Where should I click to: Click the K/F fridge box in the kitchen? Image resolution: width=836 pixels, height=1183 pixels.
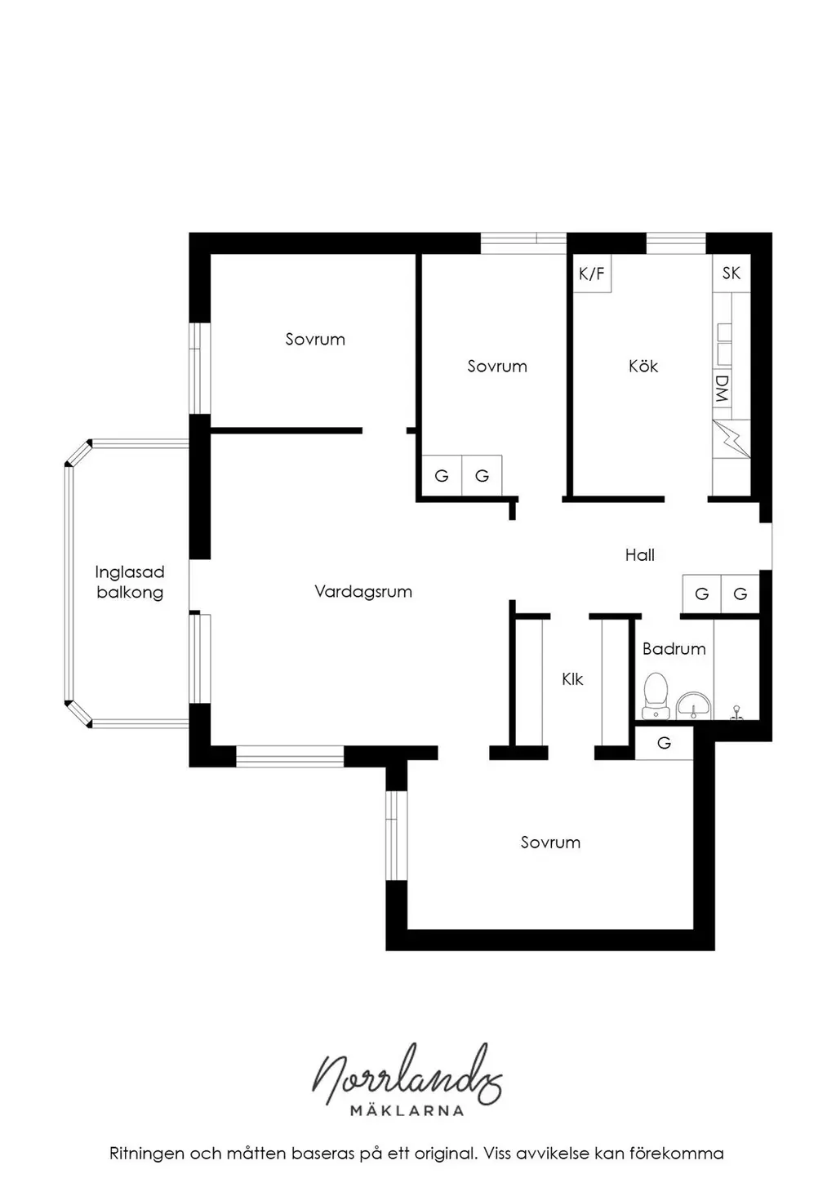tap(592, 273)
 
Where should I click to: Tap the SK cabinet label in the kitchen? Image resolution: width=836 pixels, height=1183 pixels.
tap(731, 273)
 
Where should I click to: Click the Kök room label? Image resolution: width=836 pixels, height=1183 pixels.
tap(643, 366)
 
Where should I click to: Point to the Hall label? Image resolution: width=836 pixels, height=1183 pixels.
tap(639, 555)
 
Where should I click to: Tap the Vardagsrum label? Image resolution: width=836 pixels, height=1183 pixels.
tap(362, 591)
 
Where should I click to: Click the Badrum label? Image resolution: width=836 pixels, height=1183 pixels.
tap(674, 648)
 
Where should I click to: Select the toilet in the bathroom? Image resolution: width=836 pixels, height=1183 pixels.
tap(656, 696)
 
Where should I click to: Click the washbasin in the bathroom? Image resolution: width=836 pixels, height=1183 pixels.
tap(694, 705)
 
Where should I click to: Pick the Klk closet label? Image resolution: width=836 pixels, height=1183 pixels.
tap(572, 679)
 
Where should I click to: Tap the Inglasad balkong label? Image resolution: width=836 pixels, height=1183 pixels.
tap(129, 582)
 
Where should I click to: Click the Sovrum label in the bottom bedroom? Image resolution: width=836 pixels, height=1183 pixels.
tap(550, 843)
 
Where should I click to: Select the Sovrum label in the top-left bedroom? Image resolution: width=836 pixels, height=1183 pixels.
tap(315, 339)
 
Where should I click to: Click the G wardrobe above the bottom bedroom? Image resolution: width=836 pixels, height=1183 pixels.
tap(664, 743)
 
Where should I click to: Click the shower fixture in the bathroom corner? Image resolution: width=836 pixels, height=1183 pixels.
tap(736, 713)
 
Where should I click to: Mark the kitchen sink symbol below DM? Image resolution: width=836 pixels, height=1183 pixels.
tap(731, 439)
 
